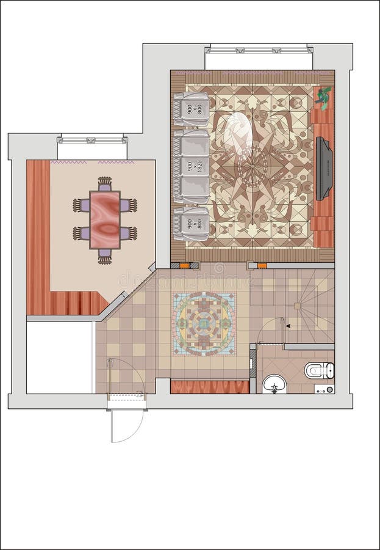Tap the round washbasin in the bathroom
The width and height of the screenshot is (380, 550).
(x=274, y=384)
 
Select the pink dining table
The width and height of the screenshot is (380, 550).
(x=105, y=219)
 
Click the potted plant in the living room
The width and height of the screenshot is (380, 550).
(x=323, y=97)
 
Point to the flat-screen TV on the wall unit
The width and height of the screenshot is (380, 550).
(x=324, y=169)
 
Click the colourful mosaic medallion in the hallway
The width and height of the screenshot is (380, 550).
(x=203, y=324)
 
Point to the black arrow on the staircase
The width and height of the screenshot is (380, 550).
(x=288, y=326)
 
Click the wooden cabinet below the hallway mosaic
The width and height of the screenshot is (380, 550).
(x=209, y=387)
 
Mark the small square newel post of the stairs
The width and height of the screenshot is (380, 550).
(x=297, y=306)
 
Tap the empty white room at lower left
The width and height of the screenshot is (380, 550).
(x=59, y=358)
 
